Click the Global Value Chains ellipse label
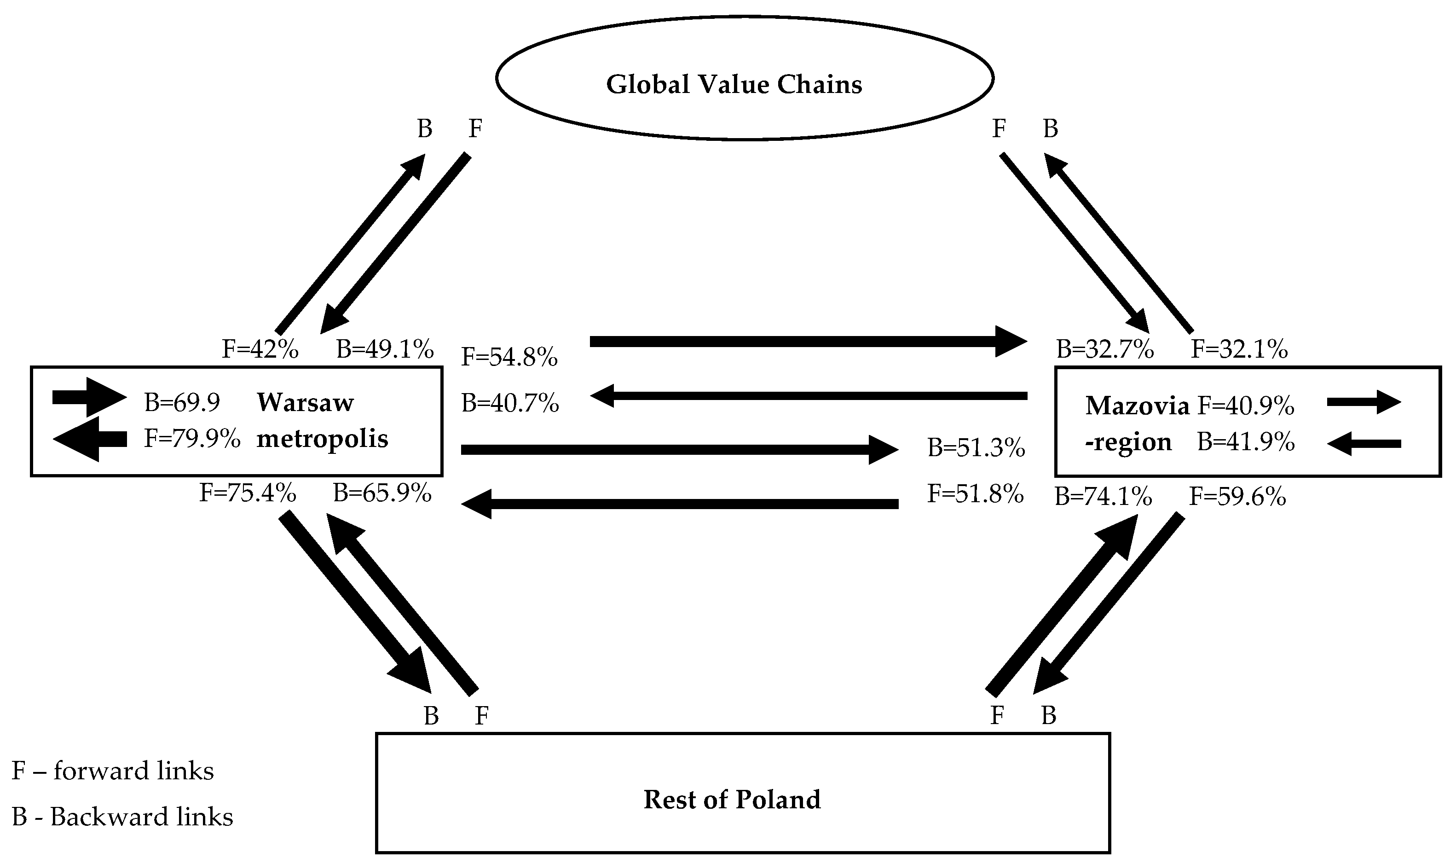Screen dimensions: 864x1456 (x=734, y=84)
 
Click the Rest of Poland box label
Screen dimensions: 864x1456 (x=732, y=800)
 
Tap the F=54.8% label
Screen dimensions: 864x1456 (x=509, y=356)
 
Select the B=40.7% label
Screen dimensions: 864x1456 (x=510, y=403)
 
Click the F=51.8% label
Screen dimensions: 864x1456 (x=975, y=494)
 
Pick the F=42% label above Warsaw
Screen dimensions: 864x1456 (x=260, y=349)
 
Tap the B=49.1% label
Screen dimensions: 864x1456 (x=385, y=349)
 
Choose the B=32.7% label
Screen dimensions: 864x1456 (x=1104, y=349)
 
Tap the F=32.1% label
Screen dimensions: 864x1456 (x=1239, y=349)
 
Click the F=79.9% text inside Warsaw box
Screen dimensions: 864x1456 (x=191, y=438)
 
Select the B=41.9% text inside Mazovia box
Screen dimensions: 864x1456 (x=1245, y=442)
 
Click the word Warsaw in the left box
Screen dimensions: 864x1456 (x=305, y=402)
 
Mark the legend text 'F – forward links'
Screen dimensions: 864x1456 (x=112, y=771)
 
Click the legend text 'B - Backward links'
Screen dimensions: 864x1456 (x=122, y=817)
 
